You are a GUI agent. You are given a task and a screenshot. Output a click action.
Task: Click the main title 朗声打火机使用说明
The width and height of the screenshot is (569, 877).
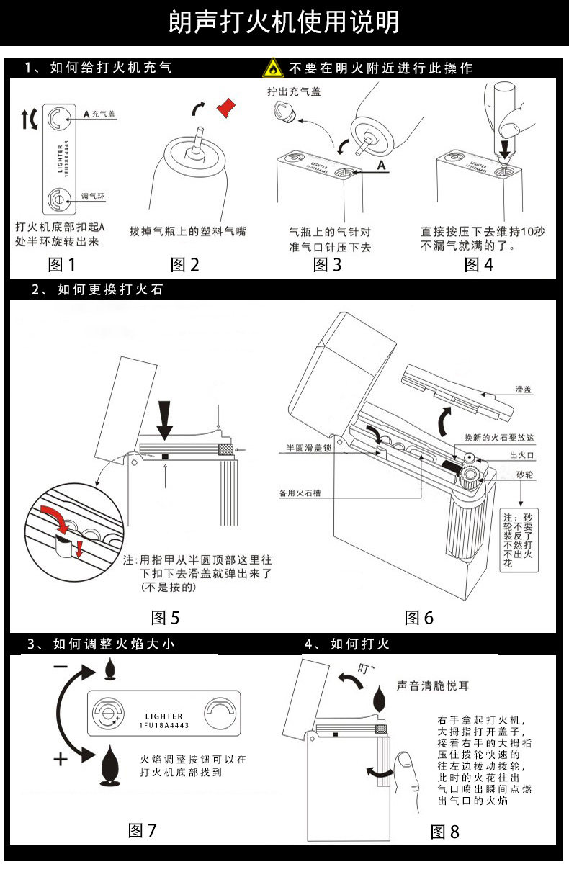pyautogui.click(x=284, y=22)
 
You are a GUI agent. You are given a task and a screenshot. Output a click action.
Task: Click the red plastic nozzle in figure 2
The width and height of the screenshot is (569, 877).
pyautogui.click(x=228, y=107)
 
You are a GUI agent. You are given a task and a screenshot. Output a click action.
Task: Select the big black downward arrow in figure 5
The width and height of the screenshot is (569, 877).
pyautogui.click(x=165, y=418)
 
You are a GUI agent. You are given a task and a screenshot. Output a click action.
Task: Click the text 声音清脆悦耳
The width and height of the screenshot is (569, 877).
pyautogui.click(x=433, y=686)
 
